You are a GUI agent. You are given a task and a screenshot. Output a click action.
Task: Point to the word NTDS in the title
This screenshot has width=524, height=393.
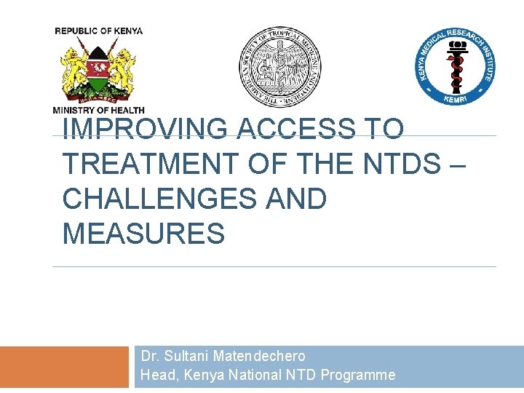point(401,164)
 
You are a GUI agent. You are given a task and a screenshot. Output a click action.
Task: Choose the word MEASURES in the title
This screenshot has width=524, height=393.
point(143,234)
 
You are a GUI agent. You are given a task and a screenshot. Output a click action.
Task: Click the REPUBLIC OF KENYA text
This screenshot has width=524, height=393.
point(99,31)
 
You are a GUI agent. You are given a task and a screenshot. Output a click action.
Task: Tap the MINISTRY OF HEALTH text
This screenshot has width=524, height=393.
point(99,110)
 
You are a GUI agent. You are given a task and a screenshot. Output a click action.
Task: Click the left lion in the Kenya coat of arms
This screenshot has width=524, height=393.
point(74,71)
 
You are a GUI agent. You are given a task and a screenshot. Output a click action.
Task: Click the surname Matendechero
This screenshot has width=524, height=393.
point(259,356)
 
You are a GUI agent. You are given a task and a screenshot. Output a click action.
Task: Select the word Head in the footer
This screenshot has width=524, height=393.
point(157,375)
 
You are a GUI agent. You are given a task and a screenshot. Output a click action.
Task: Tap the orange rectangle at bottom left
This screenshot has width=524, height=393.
point(64,368)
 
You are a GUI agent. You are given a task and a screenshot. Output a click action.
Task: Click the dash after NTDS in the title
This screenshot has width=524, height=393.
point(456,164)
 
